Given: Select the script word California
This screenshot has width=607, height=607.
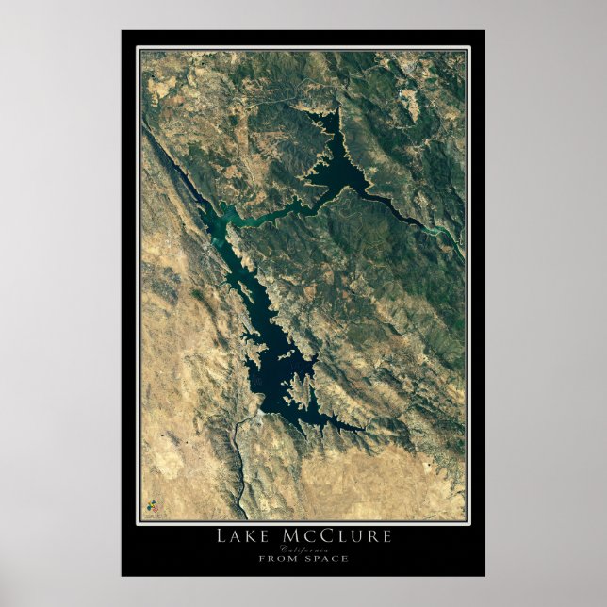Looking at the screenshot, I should coord(303,549).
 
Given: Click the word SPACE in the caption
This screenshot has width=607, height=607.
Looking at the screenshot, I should coord(325,558).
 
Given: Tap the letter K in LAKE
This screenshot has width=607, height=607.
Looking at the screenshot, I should coord(250,536).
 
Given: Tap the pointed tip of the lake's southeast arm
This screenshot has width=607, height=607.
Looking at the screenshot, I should coord(363,430).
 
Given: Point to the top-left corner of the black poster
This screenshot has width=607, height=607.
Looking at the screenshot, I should coord(122,31).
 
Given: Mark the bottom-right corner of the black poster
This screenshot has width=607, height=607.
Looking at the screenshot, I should coord(484,575).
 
